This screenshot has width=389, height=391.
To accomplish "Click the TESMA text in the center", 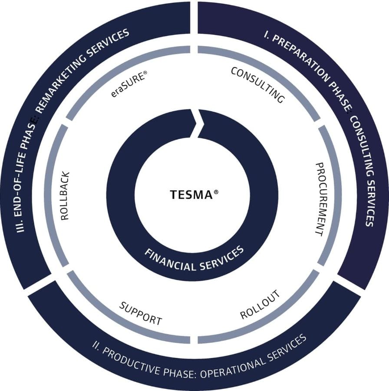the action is (191, 195).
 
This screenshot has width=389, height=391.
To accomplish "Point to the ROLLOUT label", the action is (260, 305).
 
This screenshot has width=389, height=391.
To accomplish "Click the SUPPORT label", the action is (141, 313).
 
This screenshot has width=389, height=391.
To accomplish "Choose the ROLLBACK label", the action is (65, 196).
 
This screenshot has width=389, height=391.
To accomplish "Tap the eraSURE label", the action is (129, 84).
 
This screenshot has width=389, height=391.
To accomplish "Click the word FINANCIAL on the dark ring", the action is (170, 261).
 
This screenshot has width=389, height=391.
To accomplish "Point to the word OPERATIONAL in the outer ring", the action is (233, 365).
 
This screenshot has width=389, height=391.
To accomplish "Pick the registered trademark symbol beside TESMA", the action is (216, 192).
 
